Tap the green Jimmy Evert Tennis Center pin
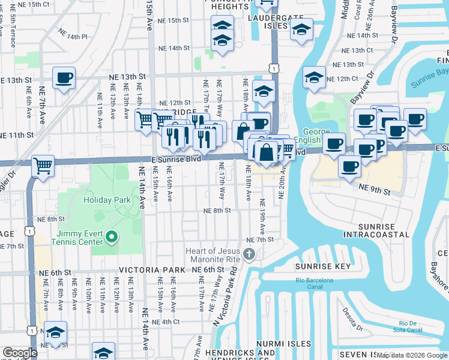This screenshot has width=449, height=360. pos(111,239)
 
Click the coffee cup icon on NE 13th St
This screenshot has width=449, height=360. pos(64,77)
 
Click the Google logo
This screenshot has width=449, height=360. pos(19,353)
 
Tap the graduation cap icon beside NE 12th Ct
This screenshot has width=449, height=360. pos(314,78)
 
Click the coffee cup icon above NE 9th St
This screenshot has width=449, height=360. pos(349,167)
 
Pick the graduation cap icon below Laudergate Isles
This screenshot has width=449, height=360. pos(301,29)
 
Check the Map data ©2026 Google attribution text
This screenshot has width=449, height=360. pos(412,355)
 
